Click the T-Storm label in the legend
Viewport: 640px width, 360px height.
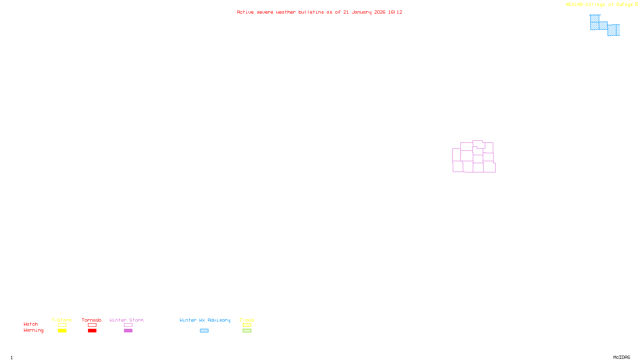[62, 320]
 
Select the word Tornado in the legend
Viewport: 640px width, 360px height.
[92, 320]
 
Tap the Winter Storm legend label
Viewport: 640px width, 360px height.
[126, 320]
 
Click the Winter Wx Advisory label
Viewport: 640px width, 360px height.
[205, 320]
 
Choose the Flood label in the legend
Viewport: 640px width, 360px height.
[247, 320]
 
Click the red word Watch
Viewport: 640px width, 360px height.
[31, 324]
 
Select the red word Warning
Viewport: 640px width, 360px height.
[33, 330]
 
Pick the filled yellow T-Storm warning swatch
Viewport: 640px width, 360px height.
[62, 331]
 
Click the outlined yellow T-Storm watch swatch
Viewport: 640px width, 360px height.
[62, 325]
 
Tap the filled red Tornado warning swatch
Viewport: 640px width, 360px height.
[92, 331]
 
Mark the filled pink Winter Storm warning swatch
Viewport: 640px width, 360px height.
[128, 331]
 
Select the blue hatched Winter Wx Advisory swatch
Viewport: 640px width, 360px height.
[204, 331]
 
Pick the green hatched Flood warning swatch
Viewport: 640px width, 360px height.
[247, 331]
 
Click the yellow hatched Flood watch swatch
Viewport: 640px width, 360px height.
[247, 325]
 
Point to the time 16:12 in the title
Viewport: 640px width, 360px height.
[395, 12]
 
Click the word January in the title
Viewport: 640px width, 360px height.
[362, 12]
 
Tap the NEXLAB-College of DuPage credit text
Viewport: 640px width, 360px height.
[599, 5]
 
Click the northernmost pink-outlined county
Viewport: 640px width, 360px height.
[478, 144]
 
